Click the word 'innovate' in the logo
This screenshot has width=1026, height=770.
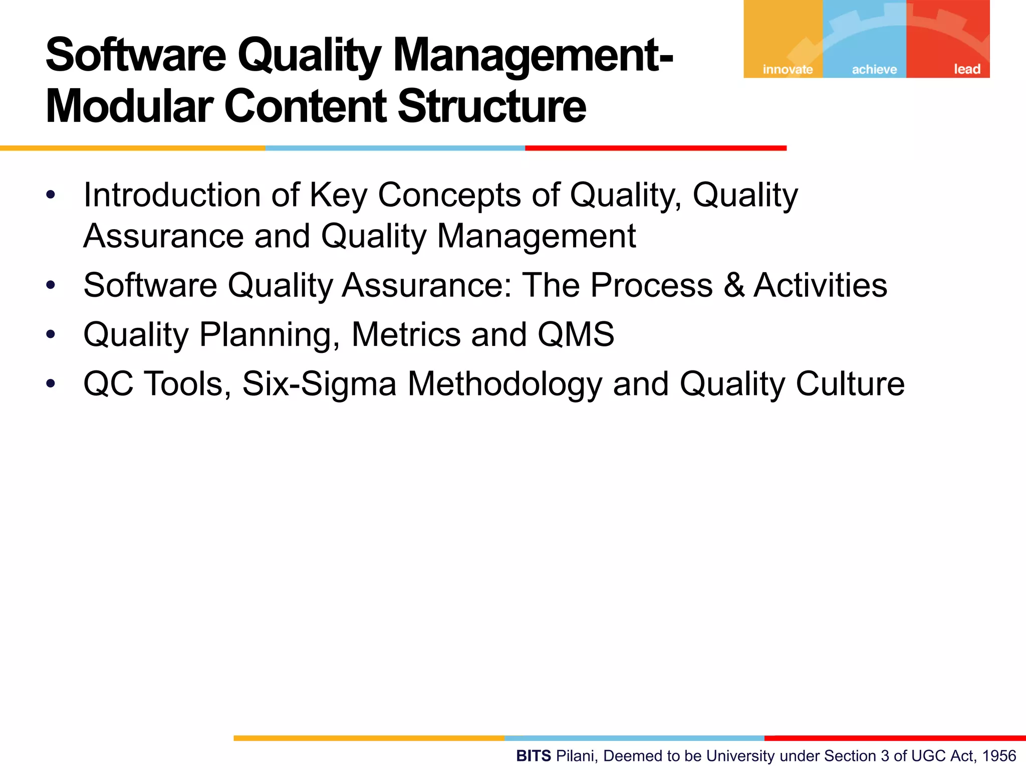pos(788,69)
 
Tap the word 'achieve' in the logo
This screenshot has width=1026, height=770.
pos(874,69)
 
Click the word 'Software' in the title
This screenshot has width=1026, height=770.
pos(136,55)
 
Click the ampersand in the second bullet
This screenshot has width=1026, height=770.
pos(733,285)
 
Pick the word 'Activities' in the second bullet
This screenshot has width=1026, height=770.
pos(820,285)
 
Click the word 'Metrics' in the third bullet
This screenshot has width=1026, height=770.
pos(406,334)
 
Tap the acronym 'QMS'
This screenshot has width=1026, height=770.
pos(576,334)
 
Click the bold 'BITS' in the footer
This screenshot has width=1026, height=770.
pos(534,756)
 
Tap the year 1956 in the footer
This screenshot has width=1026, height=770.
pos(999,756)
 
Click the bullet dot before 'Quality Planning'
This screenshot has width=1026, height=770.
pos(51,334)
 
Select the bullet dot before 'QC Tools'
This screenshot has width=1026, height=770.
pos(51,384)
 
